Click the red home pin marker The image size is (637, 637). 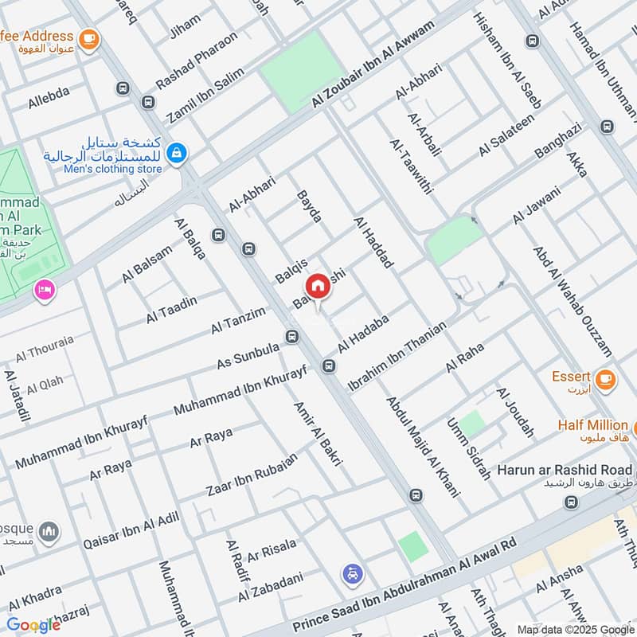point(317,286)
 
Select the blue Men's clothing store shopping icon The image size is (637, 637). point(177,150)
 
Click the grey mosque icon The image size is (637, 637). point(49,531)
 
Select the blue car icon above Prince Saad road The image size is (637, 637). point(352,573)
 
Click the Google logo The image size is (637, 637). point(33,623)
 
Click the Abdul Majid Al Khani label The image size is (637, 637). point(423,447)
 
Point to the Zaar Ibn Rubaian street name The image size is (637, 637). point(252,473)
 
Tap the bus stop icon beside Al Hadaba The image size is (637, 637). point(328,366)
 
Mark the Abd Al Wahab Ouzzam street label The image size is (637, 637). point(573,301)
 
